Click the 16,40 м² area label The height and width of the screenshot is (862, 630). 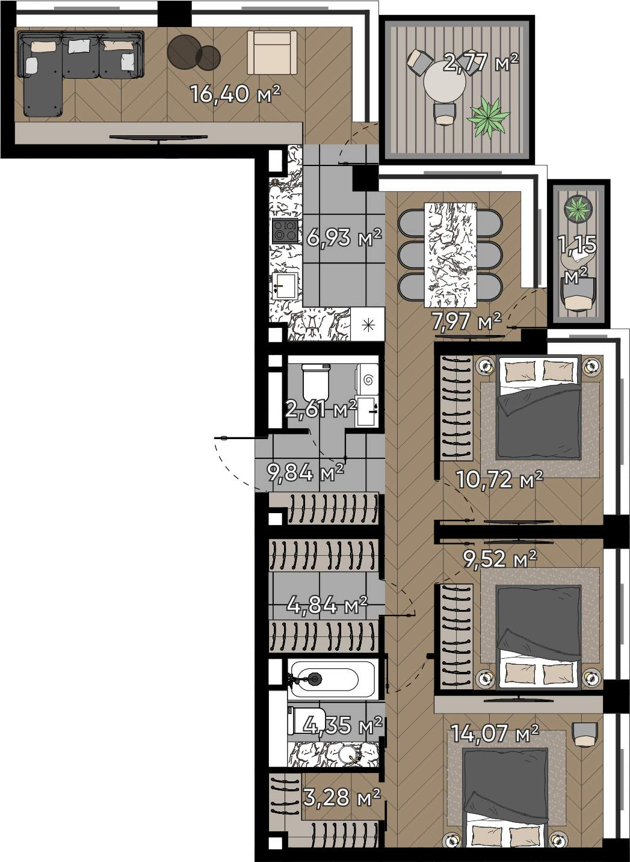[x=235, y=94]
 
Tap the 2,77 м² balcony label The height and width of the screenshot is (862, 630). [x=481, y=63]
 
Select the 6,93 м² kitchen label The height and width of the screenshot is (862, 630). [x=344, y=238]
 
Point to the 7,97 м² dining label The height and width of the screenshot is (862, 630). [x=466, y=321]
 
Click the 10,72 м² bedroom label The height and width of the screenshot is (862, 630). [x=499, y=479]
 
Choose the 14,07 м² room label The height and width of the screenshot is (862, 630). [x=495, y=733]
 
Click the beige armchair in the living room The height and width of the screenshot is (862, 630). [x=272, y=52]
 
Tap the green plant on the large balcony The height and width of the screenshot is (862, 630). [x=488, y=117]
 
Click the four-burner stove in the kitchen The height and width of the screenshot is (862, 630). [x=285, y=231]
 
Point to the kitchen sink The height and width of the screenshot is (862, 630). [x=285, y=286]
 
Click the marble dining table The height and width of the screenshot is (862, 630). [x=450, y=255]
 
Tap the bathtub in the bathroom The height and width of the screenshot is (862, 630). [x=332, y=680]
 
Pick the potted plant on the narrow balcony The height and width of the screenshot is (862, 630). [x=578, y=209]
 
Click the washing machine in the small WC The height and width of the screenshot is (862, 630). [x=368, y=379]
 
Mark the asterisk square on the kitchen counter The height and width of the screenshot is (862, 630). [x=368, y=324]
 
